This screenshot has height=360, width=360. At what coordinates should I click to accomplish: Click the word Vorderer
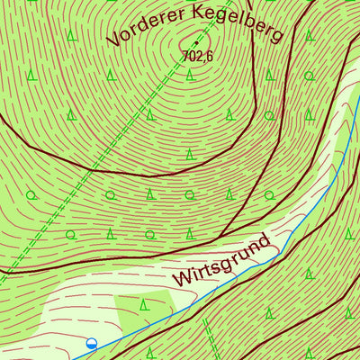click(144, 29)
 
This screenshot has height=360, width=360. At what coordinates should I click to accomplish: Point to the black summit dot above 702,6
click(195, 42)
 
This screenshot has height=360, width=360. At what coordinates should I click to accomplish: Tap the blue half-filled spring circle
click(91, 343)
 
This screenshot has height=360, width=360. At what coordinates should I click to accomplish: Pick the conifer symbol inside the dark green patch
click(144, 306)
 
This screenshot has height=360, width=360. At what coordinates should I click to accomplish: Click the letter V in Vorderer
click(113, 40)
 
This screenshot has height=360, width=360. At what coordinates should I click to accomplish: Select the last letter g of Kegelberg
click(274, 36)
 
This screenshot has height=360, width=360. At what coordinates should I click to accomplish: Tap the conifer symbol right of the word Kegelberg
click(309, 36)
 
